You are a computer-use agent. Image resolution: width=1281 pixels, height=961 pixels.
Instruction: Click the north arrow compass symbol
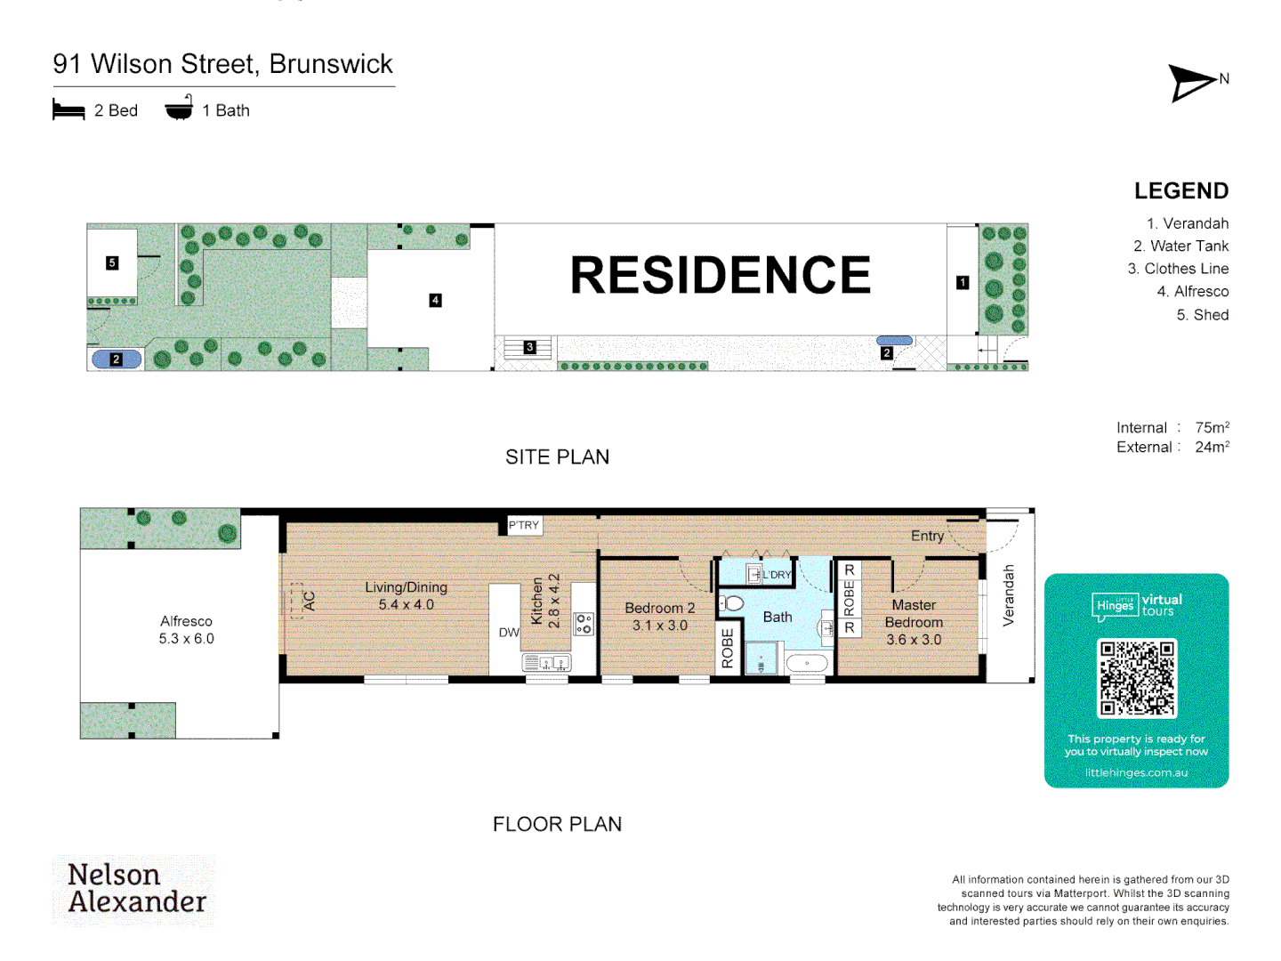(x=1192, y=83)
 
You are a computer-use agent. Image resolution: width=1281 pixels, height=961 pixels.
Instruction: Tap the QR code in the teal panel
(x=1137, y=678)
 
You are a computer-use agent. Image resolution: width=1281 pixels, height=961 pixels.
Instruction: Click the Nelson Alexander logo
(x=136, y=889)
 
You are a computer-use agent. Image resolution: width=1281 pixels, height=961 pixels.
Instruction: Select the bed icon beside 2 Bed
(x=68, y=110)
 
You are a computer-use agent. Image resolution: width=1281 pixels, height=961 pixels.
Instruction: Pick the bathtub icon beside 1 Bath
(x=179, y=109)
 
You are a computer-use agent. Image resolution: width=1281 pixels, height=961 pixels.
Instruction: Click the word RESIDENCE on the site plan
(x=720, y=275)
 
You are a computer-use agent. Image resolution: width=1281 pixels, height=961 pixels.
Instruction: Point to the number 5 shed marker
(x=112, y=262)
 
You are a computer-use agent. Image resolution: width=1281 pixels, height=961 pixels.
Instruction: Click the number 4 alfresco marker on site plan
(x=435, y=300)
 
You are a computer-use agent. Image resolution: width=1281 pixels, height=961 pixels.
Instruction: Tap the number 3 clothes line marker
(x=529, y=347)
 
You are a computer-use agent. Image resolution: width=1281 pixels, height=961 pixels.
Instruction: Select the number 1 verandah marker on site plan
(x=963, y=282)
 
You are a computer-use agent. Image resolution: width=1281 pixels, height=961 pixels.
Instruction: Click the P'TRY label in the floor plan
(x=524, y=525)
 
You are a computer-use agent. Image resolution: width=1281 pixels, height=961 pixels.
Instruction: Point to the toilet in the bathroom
(x=732, y=603)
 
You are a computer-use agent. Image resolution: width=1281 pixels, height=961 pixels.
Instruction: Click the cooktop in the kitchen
(x=584, y=623)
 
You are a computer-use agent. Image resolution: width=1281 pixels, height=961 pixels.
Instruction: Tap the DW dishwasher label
(x=509, y=633)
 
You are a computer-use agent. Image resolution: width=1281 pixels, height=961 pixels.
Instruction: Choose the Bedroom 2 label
(x=659, y=608)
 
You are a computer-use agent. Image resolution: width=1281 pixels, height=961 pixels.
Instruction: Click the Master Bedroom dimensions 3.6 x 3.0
(x=914, y=640)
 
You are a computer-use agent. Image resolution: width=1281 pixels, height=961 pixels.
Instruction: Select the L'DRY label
(x=777, y=575)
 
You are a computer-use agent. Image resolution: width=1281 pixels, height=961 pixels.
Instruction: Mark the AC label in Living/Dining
(x=310, y=602)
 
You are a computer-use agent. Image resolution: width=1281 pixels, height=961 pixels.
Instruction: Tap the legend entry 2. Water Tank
(x=1180, y=246)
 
